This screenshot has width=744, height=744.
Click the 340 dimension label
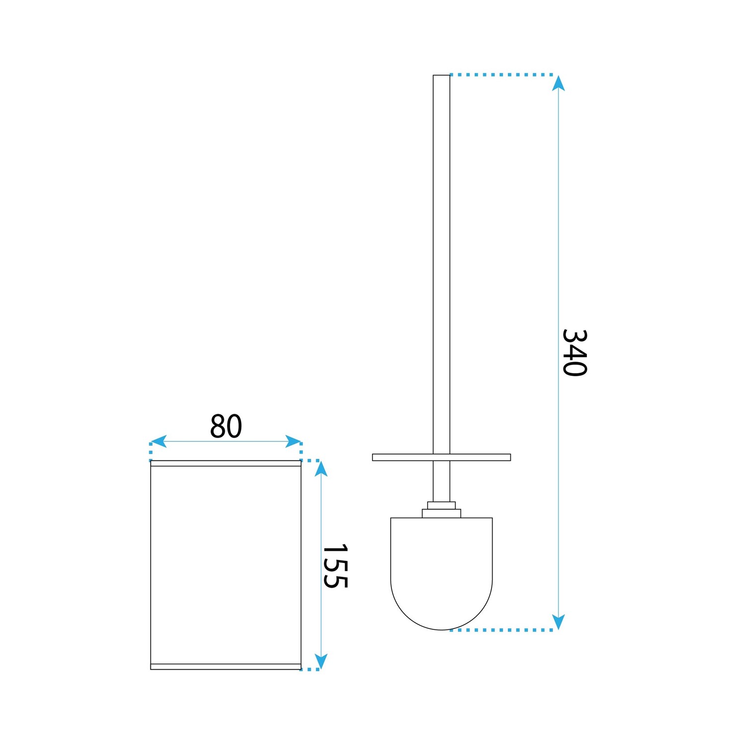point(574,353)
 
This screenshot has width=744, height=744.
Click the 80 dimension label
point(226,426)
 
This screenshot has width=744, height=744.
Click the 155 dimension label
point(335,566)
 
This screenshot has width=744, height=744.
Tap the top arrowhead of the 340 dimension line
point(558,83)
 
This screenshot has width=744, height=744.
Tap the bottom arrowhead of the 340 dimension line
point(558,622)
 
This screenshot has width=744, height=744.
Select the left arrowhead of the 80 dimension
point(158,441)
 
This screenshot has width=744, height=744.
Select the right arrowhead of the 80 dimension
point(293,441)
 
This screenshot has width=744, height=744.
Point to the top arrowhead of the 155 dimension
point(321,469)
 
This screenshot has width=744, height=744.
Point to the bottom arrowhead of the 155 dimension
point(321,661)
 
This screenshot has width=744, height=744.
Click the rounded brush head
point(441,573)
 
